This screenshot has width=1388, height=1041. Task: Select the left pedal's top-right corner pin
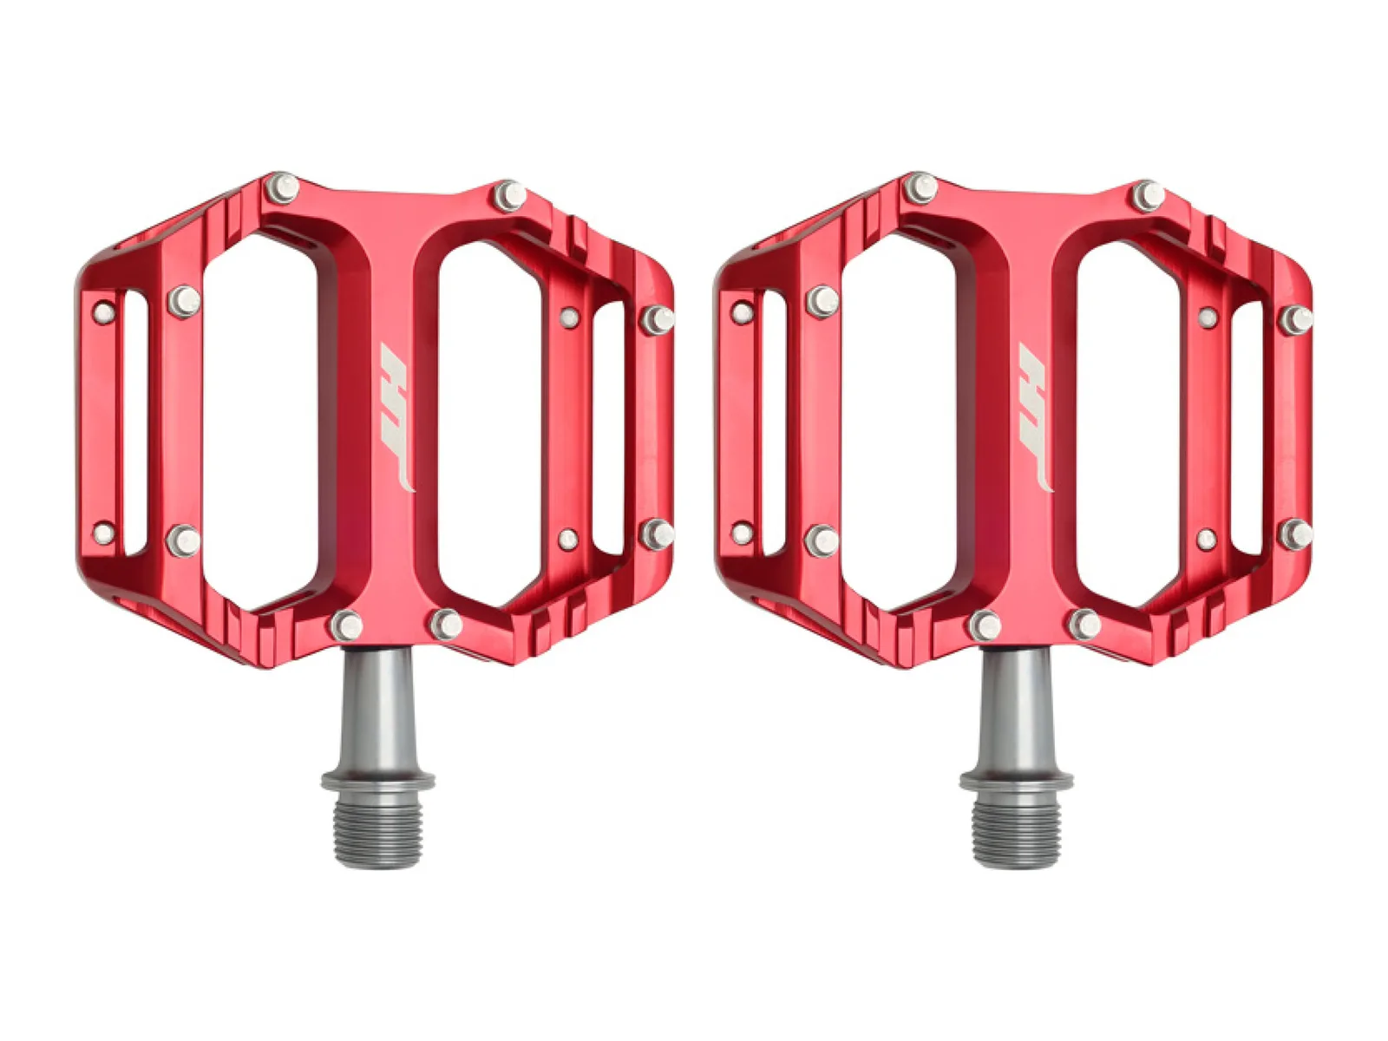pos(510,196)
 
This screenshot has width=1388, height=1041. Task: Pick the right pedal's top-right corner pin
pos(1148,196)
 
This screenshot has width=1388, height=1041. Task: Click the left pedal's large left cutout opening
pos(260,422)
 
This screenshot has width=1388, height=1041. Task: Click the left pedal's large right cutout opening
pos(490,423)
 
